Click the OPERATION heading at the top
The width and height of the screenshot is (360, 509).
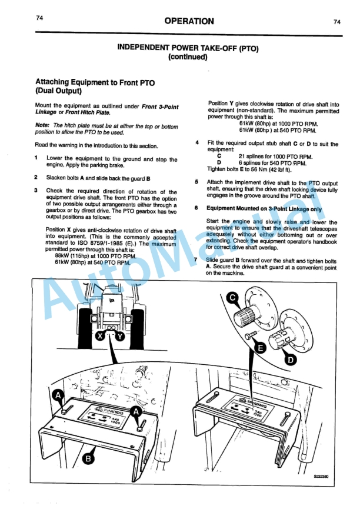189,21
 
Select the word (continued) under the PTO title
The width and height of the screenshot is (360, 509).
188,58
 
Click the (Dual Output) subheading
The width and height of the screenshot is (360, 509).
58,91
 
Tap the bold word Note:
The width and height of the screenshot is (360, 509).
42,125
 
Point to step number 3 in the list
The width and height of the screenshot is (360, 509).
36,191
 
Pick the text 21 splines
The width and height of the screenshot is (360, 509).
254,156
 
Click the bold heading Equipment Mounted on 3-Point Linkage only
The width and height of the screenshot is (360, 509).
264,208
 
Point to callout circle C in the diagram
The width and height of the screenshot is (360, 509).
233,298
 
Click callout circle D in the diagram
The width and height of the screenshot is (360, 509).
291,357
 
